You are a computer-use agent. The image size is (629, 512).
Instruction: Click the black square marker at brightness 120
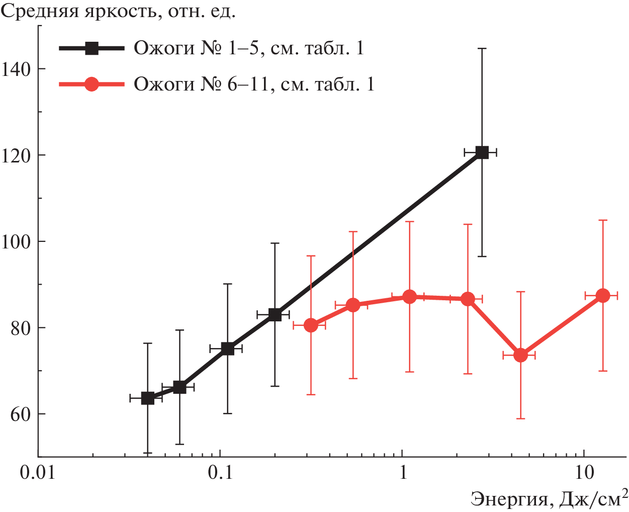[482, 152]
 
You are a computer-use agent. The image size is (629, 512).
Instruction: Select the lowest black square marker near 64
[147, 398]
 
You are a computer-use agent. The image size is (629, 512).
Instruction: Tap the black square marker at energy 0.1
[228, 349]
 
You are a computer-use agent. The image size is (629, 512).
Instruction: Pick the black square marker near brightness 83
[275, 315]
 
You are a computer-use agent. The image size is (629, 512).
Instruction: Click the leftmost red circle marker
[311, 325]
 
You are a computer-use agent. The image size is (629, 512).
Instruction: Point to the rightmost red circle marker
[602, 296]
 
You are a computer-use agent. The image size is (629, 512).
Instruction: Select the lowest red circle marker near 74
[520, 355]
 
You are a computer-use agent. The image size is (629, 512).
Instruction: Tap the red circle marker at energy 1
[410, 297]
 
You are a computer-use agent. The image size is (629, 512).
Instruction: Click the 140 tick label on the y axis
[17, 69]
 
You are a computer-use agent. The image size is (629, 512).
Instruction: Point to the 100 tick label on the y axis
[17, 241]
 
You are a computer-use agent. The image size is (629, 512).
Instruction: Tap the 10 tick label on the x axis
[584, 474]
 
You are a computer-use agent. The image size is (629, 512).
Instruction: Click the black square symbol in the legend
[92, 48]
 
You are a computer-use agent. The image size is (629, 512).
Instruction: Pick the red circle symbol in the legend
[92, 84]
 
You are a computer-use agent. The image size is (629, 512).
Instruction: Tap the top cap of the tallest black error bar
[482, 48]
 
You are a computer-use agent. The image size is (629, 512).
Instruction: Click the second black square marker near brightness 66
[179, 387]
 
